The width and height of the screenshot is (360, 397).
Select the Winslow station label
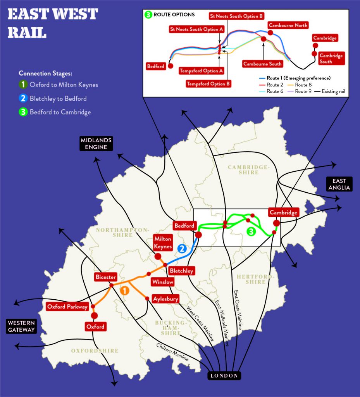(x=163, y=282)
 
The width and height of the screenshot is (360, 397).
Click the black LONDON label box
(x=224, y=375)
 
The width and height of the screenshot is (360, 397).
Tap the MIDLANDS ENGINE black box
(x=96, y=143)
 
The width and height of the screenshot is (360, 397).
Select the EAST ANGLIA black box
(x=339, y=184)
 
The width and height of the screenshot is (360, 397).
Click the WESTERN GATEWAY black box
(x=21, y=326)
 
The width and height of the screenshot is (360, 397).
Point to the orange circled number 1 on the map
(x=124, y=290)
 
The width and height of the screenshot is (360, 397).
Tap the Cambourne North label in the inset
(x=288, y=26)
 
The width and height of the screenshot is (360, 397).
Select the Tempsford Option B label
(x=208, y=83)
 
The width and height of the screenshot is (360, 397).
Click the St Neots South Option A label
(x=196, y=29)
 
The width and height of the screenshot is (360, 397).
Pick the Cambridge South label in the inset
(x=331, y=59)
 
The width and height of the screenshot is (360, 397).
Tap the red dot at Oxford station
(x=94, y=316)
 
